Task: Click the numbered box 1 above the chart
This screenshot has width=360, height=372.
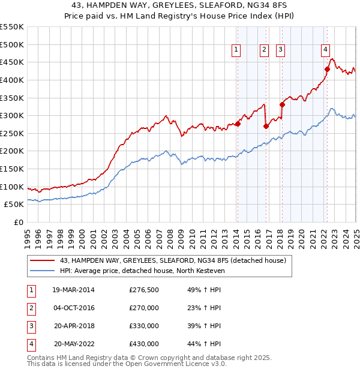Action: click(236, 50)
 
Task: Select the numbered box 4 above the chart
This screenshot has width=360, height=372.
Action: click(325, 50)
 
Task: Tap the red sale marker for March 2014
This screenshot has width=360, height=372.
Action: click(238, 124)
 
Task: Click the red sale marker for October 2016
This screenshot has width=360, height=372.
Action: click(266, 126)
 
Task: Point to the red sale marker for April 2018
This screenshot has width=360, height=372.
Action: click(282, 104)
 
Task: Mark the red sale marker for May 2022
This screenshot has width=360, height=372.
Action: click(328, 69)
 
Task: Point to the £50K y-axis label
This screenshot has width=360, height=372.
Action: click(14, 204)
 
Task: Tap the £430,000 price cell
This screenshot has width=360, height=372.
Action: click(144, 344)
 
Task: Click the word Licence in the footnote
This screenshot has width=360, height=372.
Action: click(196, 364)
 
